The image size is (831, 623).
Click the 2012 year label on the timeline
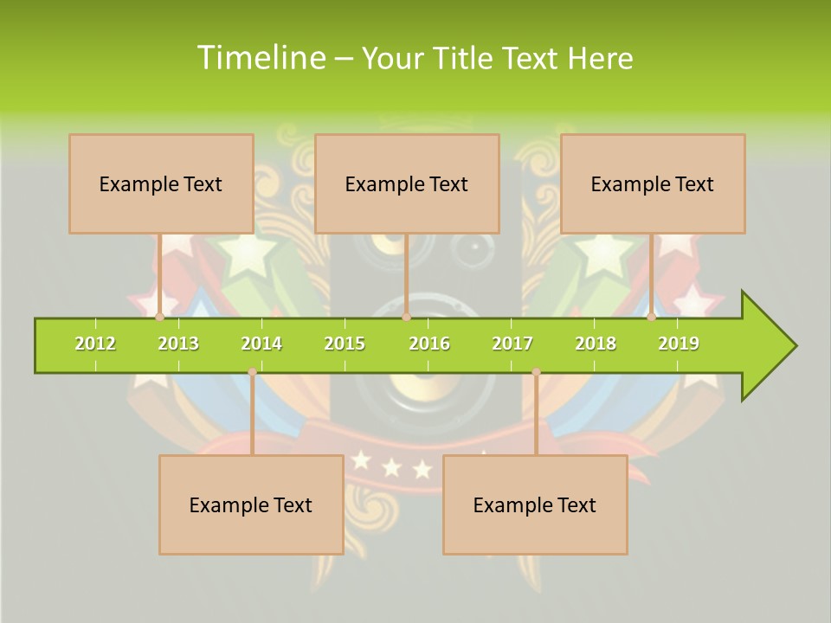pyautogui.click(x=95, y=344)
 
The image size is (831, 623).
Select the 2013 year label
pyautogui.click(x=178, y=344)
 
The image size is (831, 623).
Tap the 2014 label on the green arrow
pyautogui.click(x=261, y=344)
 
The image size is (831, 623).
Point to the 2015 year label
pyautogui.click(x=345, y=344)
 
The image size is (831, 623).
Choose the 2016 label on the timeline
pyautogui.click(x=429, y=344)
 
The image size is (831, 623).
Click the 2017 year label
pyautogui.click(x=512, y=344)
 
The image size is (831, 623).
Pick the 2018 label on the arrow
pyautogui.click(x=596, y=344)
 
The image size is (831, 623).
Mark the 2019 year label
pyautogui.click(x=679, y=344)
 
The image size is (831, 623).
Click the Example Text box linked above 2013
pyautogui.click(x=161, y=183)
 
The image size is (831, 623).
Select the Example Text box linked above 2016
pyautogui.click(x=407, y=183)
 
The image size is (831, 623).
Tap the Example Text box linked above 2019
pyautogui.click(x=653, y=183)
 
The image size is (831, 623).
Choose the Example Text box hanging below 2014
pyautogui.click(x=251, y=504)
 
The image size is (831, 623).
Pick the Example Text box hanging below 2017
pyautogui.click(x=535, y=504)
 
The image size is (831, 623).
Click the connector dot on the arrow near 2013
pyautogui.click(x=160, y=318)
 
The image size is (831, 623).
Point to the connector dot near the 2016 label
pyautogui.click(x=406, y=318)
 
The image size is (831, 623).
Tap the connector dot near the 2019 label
pyautogui.click(x=652, y=318)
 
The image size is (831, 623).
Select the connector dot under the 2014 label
pyautogui.click(x=252, y=372)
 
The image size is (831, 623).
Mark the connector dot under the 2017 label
pyautogui.click(x=536, y=372)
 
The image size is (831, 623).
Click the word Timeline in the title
pyautogui.click(x=259, y=58)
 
